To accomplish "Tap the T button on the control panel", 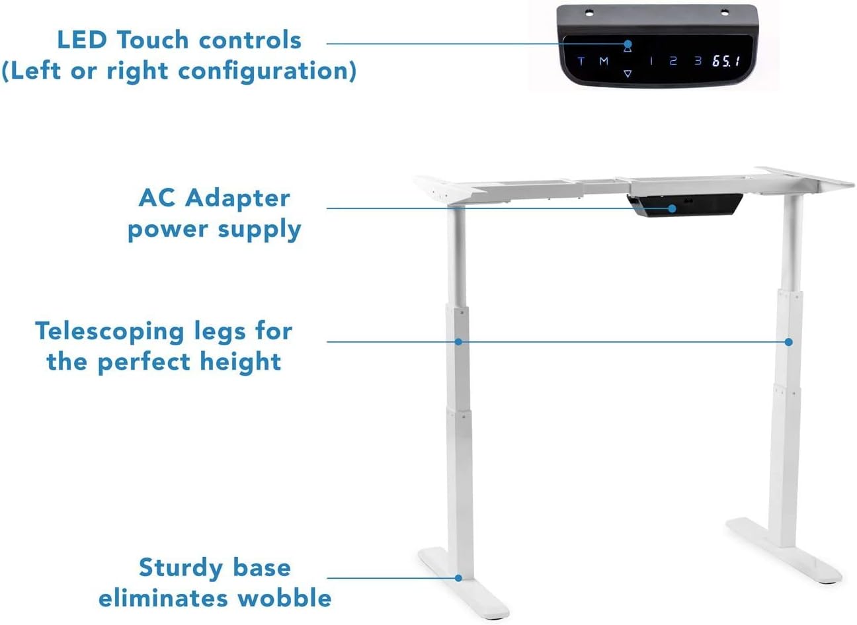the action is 581,61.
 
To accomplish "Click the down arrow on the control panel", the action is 628,73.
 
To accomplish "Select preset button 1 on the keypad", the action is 651,60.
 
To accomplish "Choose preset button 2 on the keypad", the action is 673,60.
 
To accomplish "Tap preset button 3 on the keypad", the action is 698,60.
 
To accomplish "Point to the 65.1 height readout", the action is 726,61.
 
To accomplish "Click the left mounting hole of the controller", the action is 589,13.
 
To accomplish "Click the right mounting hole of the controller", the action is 725,13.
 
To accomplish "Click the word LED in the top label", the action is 81,40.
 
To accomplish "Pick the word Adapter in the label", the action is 237,199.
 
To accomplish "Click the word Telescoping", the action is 110,331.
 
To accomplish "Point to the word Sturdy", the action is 181,568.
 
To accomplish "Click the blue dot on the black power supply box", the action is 673,208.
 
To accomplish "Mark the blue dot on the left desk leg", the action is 459,341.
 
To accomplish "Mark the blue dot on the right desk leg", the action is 788,342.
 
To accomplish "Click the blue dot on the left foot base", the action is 458,578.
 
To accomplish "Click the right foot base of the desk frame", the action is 784,550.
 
